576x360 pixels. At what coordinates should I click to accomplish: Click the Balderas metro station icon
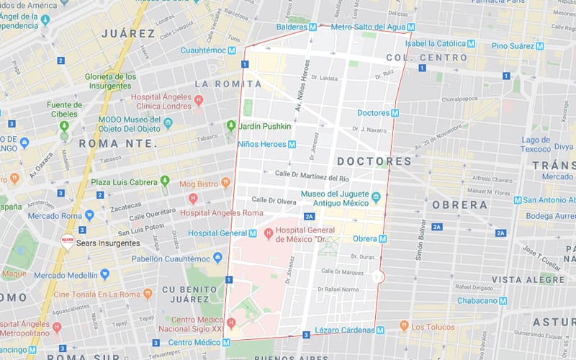pyautogui.click(x=312, y=27)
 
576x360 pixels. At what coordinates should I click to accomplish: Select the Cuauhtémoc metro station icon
pyautogui.click(x=231, y=50)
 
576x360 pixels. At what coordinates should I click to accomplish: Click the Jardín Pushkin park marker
pyautogui.click(x=231, y=126)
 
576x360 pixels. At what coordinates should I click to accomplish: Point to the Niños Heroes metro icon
pyautogui.click(x=292, y=144)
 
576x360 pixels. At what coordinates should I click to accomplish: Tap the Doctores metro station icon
pyautogui.click(x=395, y=113)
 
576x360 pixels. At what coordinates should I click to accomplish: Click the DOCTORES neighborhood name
pyautogui.click(x=374, y=161)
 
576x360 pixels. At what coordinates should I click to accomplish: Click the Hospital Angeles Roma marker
pyautogui.click(x=192, y=199)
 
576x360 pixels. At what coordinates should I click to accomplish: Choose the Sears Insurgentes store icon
pyautogui.click(x=67, y=243)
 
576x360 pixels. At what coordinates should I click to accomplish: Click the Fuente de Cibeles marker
pyautogui.click(x=64, y=126)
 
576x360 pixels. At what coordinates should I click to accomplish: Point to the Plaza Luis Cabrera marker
pyautogui.click(x=165, y=181)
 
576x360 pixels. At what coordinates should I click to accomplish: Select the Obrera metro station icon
pyautogui.click(x=382, y=238)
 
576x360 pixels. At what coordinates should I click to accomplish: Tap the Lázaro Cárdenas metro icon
pyautogui.click(x=379, y=330)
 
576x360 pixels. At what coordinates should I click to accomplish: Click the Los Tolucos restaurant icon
pyautogui.click(x=404, y=326)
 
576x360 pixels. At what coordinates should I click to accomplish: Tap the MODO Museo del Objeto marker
pyautogui.click(x=168, y=123)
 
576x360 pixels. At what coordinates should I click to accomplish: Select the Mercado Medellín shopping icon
pyautogui.click(x=104, y=274)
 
